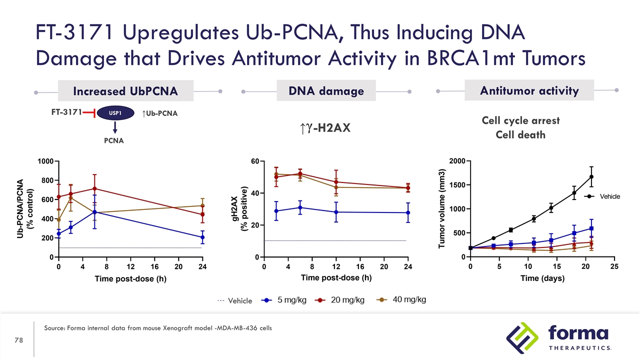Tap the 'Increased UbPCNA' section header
click(125, 91)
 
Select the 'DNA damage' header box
click(326, 91)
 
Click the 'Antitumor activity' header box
click(529, 90)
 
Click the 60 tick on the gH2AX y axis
click(254, 161)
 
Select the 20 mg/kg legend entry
click(341, 300)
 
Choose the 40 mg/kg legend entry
click(402, 299)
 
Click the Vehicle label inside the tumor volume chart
click(609, 196)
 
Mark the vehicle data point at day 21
click(591, 176)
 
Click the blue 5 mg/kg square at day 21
click(591, 228)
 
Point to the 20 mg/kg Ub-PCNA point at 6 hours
click(94, 188)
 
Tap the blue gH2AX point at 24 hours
click(408, 213)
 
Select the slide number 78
click(19, 340)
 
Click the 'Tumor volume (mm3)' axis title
click(442, 207)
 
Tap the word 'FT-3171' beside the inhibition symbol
click(66, 112)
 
